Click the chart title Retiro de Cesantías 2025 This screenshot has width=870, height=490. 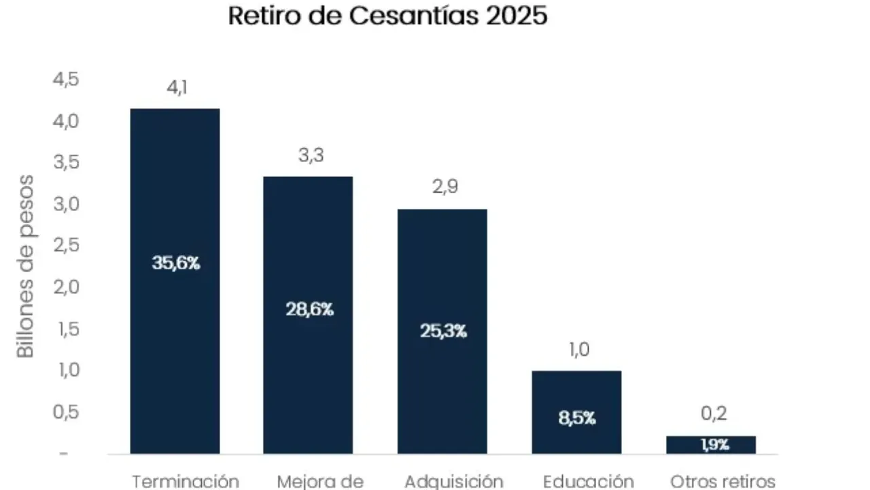tap(387, 15)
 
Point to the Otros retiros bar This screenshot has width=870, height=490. tap(711, 444)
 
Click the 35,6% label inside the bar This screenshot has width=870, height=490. tap(175, 263)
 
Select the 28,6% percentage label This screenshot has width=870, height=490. tap(309, 310)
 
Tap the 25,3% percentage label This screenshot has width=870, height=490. tap(443, 332)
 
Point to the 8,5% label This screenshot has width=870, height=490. tap(577, 419)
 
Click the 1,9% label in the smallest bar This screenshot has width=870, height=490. tap(714, 445)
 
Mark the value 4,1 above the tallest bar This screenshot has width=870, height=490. tap(175, 88)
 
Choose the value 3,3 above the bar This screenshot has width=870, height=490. tap(311, 156)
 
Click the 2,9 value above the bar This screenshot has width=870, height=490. tap(445, 187)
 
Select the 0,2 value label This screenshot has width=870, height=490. tap(714, 414)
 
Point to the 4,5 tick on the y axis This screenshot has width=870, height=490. tap(65, 80)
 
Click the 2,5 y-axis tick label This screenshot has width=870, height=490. tap(65, 246)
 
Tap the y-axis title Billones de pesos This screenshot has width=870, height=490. tap(25, 266)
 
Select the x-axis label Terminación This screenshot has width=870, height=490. tap(185, 481)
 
